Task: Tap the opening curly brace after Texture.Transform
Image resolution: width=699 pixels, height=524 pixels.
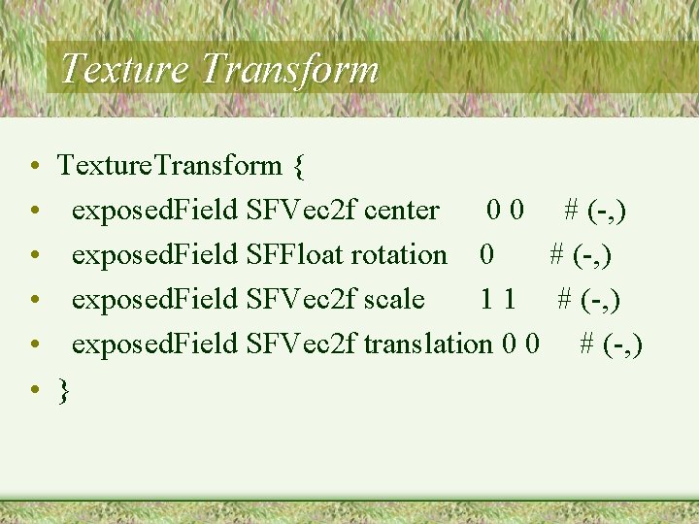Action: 298,167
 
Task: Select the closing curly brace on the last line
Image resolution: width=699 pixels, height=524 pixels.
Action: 64,390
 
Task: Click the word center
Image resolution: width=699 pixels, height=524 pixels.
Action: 402,210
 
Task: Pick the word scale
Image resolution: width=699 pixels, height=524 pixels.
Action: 393,299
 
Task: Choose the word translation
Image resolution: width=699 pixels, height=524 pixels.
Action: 427,344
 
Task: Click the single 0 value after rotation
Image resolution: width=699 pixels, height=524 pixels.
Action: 486,254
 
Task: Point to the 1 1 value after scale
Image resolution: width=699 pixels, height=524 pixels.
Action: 498,299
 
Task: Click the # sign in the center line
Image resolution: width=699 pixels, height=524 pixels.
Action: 573,210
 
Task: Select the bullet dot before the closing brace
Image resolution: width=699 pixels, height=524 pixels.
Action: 34,390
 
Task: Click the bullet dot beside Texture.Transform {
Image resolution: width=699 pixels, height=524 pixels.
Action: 34,167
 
